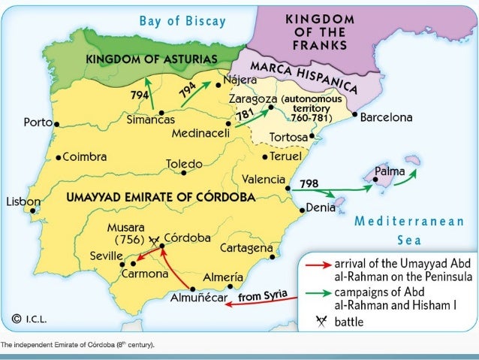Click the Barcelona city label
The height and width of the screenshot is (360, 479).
[x=387, y=118]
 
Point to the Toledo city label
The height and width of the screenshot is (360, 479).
[x=184, y=163]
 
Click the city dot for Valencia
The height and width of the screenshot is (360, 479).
[x=289, y=180]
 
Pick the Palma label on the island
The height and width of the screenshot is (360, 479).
[x=390, y=171]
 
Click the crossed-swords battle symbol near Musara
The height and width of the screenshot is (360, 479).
[x=155, y=241]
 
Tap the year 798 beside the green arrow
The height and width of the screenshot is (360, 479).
[x=309, y=183]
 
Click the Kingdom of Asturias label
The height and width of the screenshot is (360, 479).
[x=152, y=59]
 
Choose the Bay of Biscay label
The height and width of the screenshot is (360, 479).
[x=182, y=20]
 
